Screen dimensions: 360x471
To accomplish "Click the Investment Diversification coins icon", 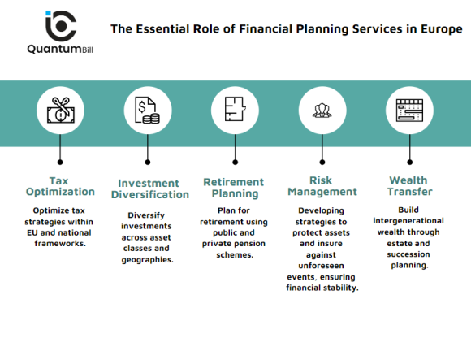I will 147,110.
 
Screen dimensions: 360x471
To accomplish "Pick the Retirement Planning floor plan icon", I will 235,110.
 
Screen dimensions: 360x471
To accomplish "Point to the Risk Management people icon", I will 322,110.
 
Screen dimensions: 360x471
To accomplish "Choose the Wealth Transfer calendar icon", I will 410,110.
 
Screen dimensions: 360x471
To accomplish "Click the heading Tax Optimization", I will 59,186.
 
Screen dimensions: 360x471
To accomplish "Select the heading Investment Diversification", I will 153,189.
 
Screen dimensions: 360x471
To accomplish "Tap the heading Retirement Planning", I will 235,188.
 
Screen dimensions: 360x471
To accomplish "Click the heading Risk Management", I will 322,186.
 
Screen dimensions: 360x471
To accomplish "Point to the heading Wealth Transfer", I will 410,186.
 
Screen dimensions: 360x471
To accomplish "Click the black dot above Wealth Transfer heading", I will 410,162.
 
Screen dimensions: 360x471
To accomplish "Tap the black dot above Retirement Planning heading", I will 235,162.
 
